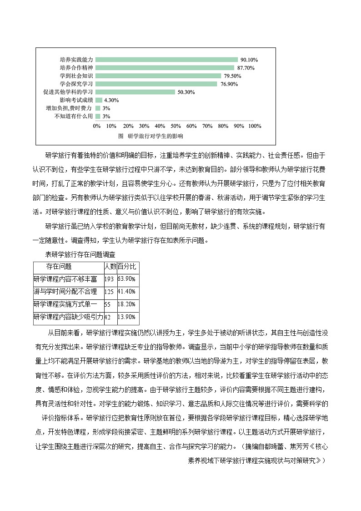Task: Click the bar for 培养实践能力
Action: (167, 60)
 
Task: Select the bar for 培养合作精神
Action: (165, 68)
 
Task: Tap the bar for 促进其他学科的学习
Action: (135, 92)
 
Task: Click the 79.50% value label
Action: (232, 76)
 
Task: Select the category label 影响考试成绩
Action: (76, 100)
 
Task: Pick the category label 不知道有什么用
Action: (74, 116)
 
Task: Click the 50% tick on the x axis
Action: (176, 126)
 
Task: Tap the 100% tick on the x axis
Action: (255, 126)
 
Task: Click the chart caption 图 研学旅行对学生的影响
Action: (150, 136)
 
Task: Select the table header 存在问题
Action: (59, 267)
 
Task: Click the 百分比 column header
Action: (127, 267)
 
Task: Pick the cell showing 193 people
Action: (109, 279)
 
